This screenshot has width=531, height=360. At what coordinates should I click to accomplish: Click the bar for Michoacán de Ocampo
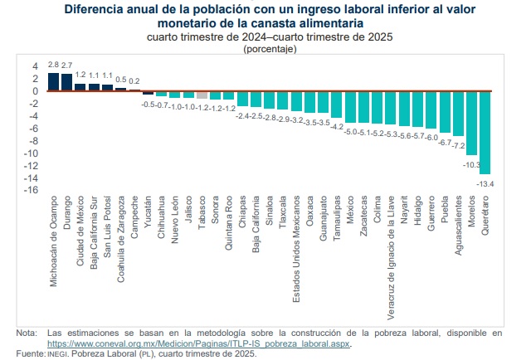[54, 82]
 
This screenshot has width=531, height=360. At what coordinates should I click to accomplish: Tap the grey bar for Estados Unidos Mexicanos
[296, 100]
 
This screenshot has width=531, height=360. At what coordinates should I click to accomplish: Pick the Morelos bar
[472, 123]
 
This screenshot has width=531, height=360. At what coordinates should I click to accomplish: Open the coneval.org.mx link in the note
[200, 343]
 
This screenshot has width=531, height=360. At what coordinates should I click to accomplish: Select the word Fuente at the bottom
[29, 353]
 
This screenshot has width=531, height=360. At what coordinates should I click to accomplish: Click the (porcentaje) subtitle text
[270, 49]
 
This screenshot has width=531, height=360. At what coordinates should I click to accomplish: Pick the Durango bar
[67, 82]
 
